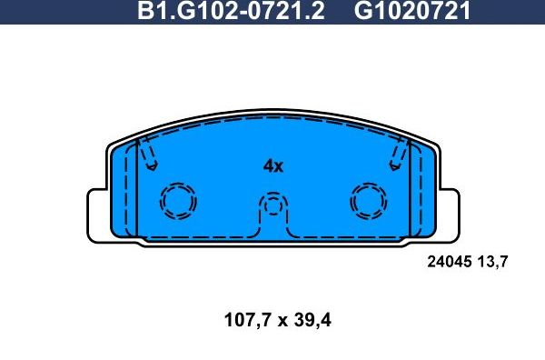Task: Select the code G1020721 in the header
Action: pyautogui.click(x=412, y=12)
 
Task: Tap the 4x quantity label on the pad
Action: pyautogui.click(x=272, y=166)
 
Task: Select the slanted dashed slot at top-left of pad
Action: pyautogui.click(x=150, y=155)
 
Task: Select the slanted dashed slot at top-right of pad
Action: pyautogui.click(x=397, y=155)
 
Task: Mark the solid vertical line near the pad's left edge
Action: pyautogui.click(x=135, y=191)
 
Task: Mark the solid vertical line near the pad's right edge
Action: pyautogui.click(x=411, y=191)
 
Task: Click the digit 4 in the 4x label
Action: pyautogui.click(x=268, y=166)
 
